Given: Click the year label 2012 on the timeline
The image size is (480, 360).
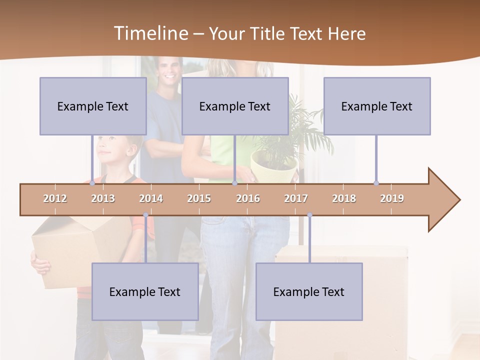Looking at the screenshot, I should [x=55, y=198].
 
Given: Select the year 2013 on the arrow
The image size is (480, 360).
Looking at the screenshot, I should [x=103, y=198].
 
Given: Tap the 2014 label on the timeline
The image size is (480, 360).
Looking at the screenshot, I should [x=151, y=198].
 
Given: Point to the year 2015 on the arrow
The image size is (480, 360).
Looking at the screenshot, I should [x=199, y=198].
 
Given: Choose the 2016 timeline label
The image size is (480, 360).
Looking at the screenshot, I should [x=248, y=198].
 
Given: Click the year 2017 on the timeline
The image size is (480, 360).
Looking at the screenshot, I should [x=296, y=198].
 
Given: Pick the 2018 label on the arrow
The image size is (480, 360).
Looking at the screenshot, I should [x=344, y=198].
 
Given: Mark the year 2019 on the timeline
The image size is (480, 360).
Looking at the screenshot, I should [x=392, y=198].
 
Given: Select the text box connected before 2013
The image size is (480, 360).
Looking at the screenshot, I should [x=93, y=106].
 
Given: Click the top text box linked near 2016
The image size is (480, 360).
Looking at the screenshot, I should [x=235, y=106].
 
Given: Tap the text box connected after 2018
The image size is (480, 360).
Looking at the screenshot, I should [x=377, y=106].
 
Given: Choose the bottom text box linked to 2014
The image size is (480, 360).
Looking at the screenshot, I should [x=145, y=291].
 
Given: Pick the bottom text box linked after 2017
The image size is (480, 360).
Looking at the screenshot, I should [x=309, y=291].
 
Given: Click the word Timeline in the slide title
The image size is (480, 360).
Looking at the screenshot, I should [x=149, y=33].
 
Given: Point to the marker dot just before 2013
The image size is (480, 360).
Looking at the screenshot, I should [x=92, y=183].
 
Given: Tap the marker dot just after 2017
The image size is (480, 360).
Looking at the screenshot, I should [x=309, y=215].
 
